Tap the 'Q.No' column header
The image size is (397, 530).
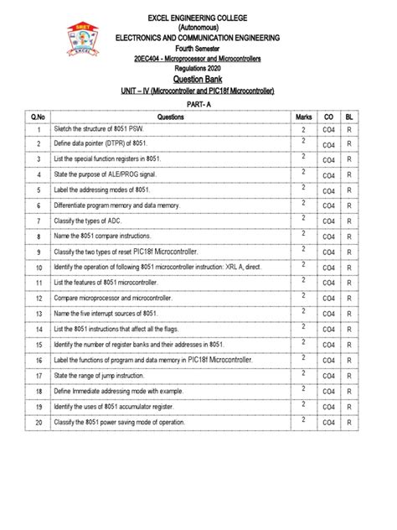39,117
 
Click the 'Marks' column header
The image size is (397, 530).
302,117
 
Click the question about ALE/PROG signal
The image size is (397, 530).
107,174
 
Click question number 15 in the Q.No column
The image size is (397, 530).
39,345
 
